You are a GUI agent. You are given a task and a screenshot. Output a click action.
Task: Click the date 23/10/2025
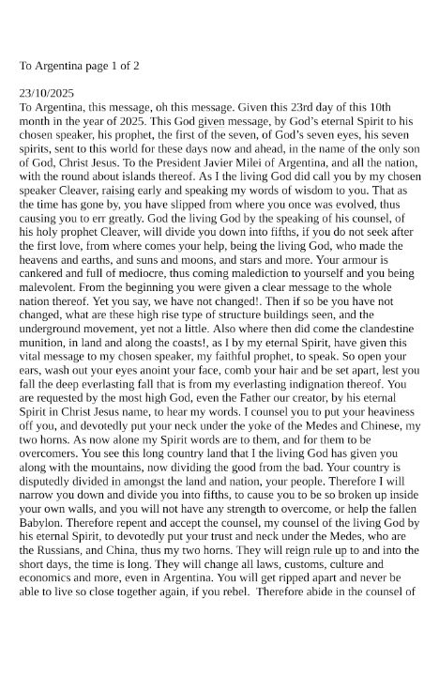[x=46, y=94]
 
